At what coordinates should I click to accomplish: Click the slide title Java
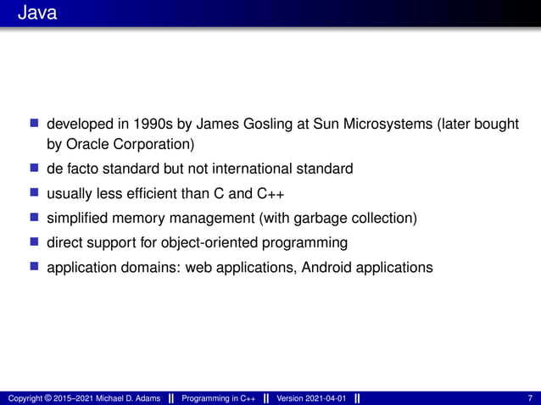[36, 14]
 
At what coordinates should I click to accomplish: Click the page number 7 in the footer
[530, 398]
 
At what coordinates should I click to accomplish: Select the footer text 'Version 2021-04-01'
[311, 398]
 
